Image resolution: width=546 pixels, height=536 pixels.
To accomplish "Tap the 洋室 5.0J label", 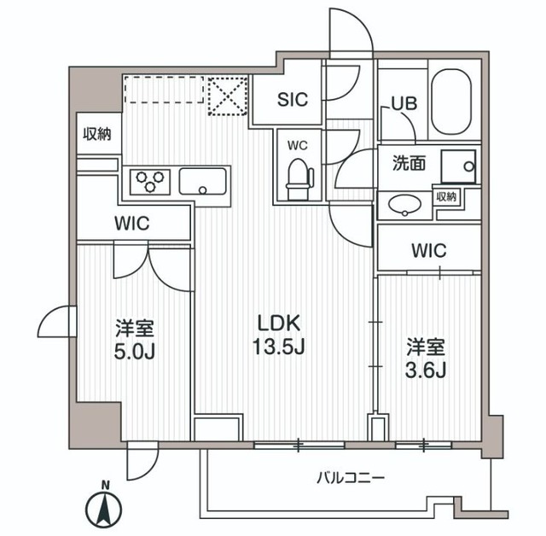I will click(x=135, y=339).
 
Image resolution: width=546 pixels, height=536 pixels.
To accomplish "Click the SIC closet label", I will click(x=293, y=98).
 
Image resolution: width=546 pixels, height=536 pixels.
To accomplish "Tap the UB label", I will click(x=403, y=103).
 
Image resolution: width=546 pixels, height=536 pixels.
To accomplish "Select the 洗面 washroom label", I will click(x=409, y=163).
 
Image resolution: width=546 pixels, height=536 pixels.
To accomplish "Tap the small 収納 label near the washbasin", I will click(x=446, y=197).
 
